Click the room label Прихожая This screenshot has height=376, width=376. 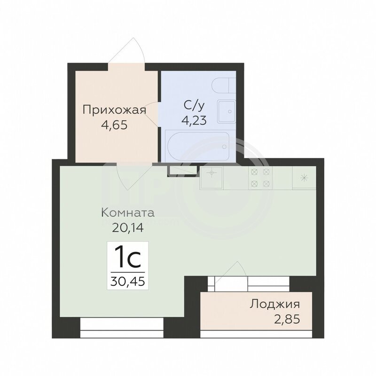[114, 110]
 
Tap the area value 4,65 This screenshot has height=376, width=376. [114, 125]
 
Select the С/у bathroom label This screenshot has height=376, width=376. [194, 105]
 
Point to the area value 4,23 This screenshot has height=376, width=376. [194, 120]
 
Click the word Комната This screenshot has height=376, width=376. [128, 213]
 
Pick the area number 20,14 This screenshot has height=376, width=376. [128, 227]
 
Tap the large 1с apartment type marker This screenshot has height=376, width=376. [127, 257]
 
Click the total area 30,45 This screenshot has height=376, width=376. [127, 281]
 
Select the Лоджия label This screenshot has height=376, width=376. [275, 305]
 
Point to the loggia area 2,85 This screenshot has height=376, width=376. [287, 319]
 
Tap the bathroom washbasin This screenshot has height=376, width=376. [227, 112]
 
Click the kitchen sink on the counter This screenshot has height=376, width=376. [211, 178]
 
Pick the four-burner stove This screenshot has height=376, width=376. [260, 178]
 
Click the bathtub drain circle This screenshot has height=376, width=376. [224, 147]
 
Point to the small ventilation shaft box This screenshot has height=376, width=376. [183, 171]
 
